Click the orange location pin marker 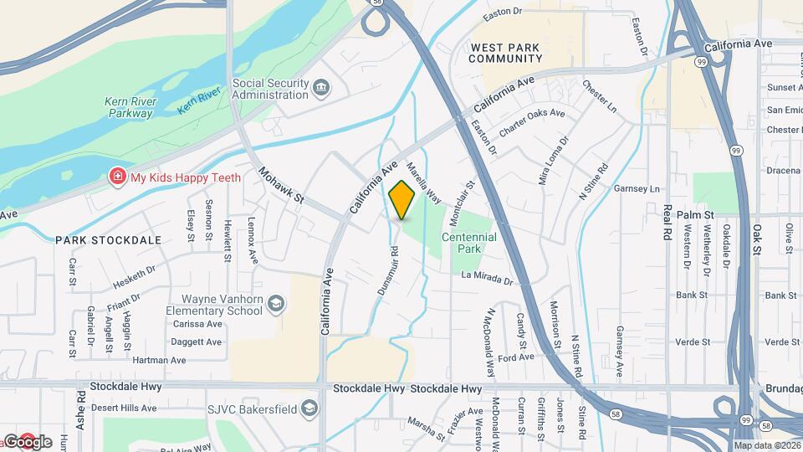tap(402, 200)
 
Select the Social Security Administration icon tap(320, 89)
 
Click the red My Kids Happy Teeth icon tap(119, 177)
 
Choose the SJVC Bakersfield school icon tap(309, 408)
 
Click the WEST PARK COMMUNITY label tap(506, 53)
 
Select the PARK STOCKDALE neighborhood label tap(109, 240)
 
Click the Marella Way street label tap(423, 182)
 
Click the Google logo tap(28, 442)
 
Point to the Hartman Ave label tap(159, 360)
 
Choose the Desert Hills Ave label tap(124, 408)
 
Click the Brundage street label tap(784, 389)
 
